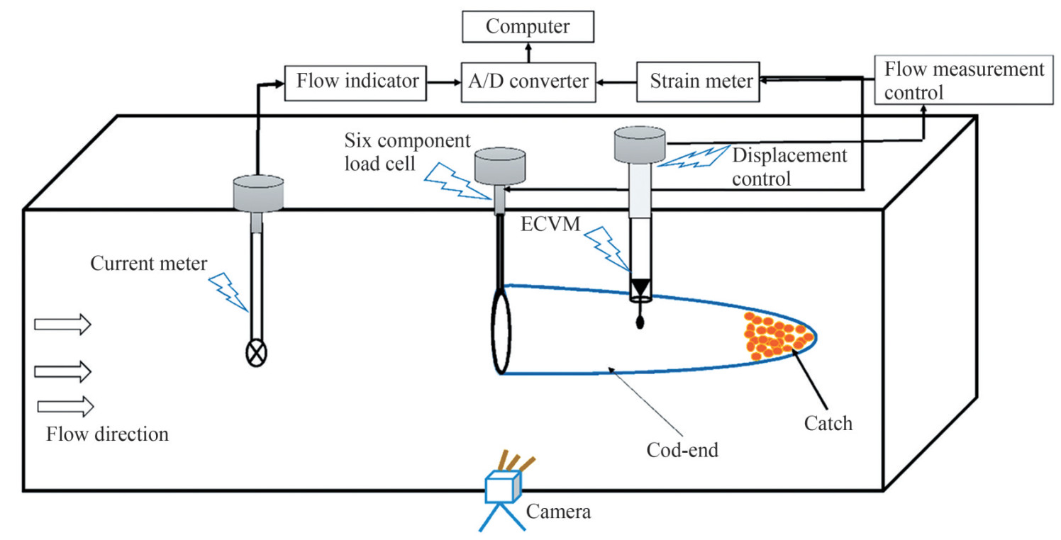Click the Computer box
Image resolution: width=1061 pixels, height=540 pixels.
(528, 27)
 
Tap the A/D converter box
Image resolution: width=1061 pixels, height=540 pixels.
(528, 81)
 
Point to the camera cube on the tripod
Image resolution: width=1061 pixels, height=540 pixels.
(503, 488)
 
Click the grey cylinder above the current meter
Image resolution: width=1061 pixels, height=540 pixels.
(259, 193)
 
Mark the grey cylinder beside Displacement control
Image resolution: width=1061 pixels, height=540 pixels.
(639, 144)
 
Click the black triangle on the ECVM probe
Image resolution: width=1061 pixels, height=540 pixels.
(640, 288)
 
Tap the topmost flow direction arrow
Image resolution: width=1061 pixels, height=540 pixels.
(63, 324)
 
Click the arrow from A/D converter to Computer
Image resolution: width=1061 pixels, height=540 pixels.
(528, 52)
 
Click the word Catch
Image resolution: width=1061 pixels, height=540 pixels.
(828, 424)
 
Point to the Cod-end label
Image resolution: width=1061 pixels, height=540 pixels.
(682, 449)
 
